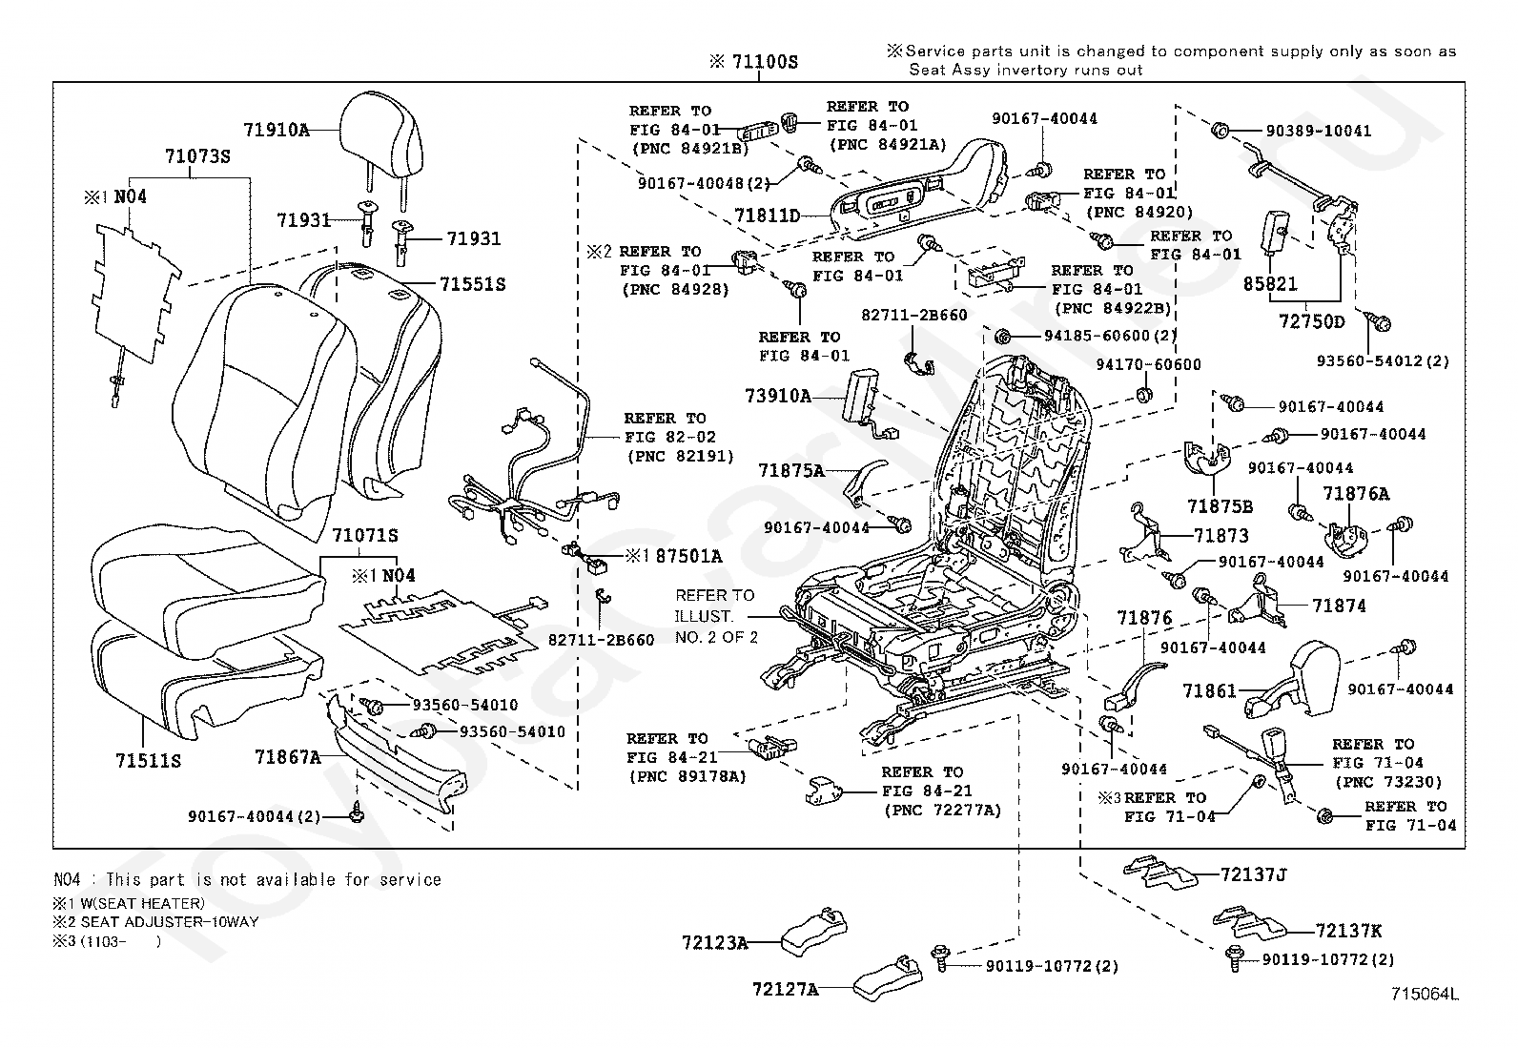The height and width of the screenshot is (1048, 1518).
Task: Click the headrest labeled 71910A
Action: (x=380, y=129)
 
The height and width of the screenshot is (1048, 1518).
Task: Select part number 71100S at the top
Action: (x=765, y=62)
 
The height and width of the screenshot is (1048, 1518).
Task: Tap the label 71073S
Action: (x=197, y=156)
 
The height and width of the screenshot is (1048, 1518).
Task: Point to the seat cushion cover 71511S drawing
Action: (x=203, y=678)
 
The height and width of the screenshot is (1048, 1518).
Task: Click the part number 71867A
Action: (x=287, y=756)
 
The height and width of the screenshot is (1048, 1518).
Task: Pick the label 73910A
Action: (x=778, y=396)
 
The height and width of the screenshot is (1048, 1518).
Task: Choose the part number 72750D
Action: (x=1311, y=321)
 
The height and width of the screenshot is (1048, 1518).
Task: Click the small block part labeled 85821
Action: (x=1275, y=232)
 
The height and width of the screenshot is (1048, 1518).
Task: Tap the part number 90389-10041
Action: (x=1318, y=131)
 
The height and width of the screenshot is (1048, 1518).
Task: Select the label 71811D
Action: (x=768, y=216)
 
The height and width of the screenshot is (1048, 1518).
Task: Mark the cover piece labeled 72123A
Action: (x=814, y=932)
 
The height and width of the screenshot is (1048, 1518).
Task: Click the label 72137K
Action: (x=1348, y=931)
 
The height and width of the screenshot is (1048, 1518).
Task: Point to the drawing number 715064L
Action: (x=1425, y=994)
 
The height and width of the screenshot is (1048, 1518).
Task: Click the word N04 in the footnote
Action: (x=67, y=880)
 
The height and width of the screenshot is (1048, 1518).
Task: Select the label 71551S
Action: (x=472, y=284)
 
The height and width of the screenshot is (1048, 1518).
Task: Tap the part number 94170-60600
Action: (x=1148, y=364)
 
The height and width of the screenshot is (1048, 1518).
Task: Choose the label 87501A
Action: (x=688, y=557)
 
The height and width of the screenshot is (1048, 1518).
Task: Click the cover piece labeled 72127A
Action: (x=887, y=978)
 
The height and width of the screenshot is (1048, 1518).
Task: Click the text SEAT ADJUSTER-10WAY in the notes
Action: (x=170, y=922)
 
